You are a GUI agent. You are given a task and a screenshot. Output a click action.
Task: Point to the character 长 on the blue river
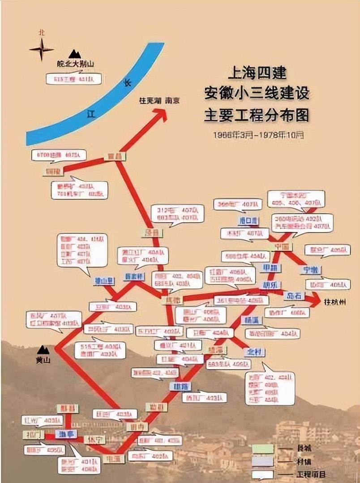tap(127, 82)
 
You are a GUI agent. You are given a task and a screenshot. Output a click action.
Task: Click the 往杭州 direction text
tap(335, 302)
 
